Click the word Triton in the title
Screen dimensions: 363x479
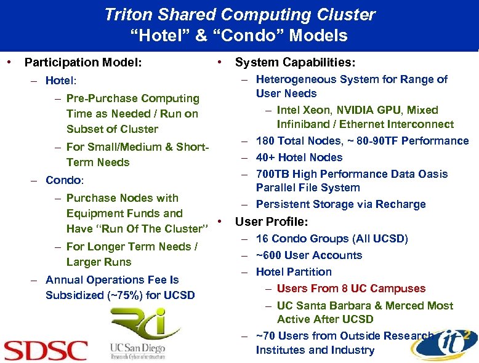[x=131, y=14]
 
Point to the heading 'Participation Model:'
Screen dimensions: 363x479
[x=83, y=62]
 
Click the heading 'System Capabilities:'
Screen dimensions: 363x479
[x=295, y=62]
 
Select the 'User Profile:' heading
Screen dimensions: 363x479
[x=272, y=221]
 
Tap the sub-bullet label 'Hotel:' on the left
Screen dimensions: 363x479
[x=61, y=81]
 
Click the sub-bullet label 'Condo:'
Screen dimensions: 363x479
[x=65, y=181]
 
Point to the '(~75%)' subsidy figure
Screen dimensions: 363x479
[x=125, y=295]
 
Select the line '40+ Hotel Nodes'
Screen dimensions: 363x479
[x=299, y=158]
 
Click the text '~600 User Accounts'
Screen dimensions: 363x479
[x=309, y=255]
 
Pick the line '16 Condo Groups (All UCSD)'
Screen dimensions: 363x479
[x=332, y=239]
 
